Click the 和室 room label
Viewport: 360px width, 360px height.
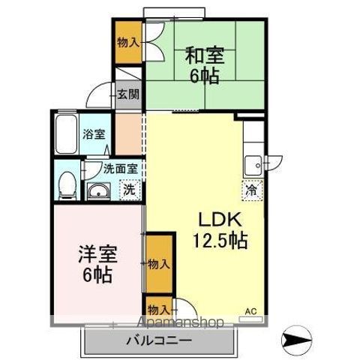click(203, 56)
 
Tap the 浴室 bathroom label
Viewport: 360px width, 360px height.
click(94, 136)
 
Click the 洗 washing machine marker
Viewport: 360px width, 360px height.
click(129, 190)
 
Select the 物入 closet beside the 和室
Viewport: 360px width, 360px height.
click(127, 42)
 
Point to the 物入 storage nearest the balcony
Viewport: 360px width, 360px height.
click(157, 309)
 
